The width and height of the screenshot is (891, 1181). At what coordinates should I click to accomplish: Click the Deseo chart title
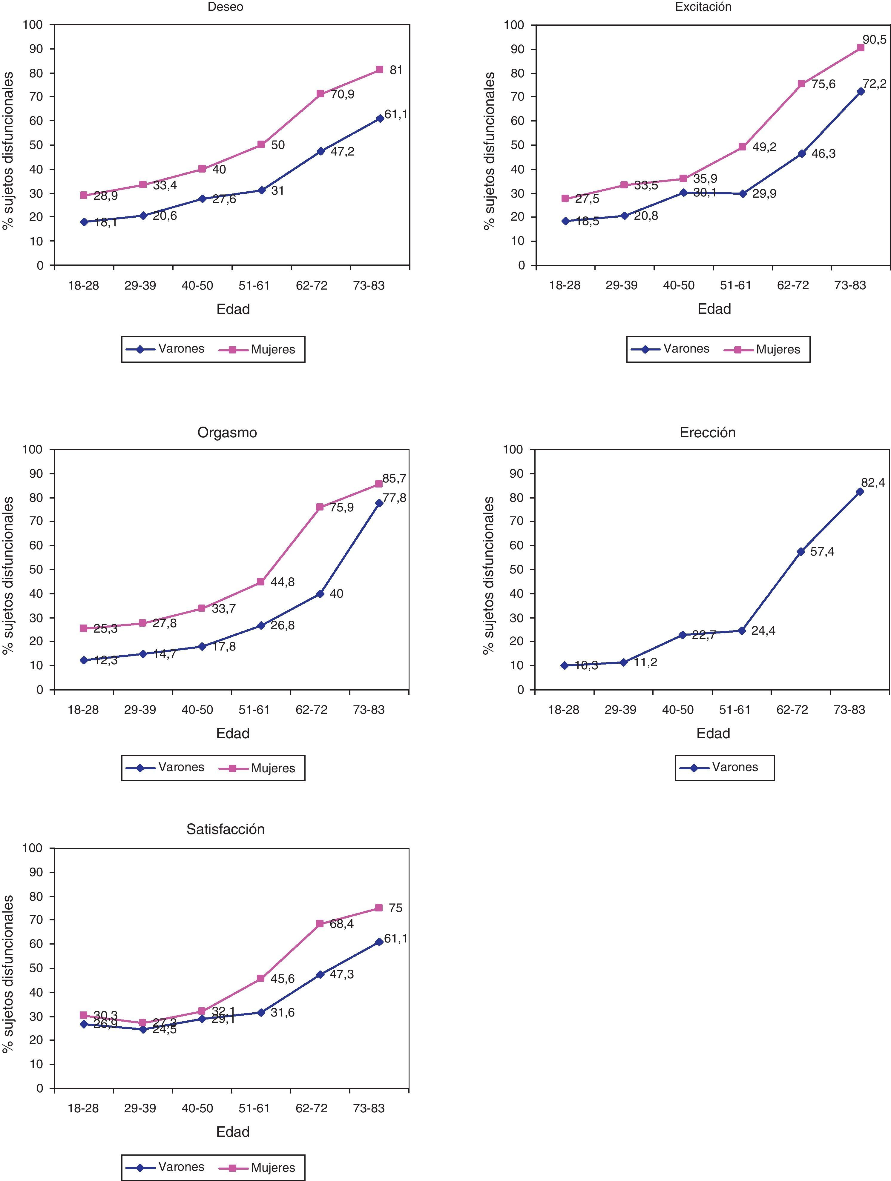click(226, 7)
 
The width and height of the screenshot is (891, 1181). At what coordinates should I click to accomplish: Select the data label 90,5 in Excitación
click(874, 39)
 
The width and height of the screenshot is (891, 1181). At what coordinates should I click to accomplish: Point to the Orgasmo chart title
click(227, 433)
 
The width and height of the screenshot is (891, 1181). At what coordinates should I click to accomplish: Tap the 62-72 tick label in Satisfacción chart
click(312, 1108)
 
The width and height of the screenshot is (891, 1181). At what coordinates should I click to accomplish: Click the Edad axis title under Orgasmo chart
click(233, 733)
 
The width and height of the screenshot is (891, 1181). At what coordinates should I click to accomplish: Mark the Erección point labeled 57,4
click(800, 551)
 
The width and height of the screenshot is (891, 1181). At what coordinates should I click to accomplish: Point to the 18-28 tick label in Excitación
click(565, 286)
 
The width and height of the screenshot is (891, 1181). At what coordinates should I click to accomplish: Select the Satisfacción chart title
click(226, 829)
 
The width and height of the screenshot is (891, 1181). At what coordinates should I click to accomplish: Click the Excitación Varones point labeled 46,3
click(801, 153)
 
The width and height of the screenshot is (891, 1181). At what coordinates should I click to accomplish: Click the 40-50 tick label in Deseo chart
click(197, 286)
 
